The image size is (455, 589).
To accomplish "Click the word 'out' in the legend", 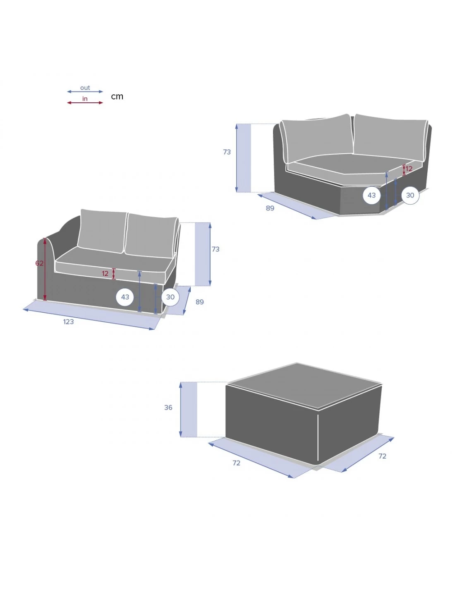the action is click(85, 88).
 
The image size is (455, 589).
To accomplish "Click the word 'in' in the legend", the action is click(85, 99).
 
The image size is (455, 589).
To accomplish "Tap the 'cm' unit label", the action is click(117, 96).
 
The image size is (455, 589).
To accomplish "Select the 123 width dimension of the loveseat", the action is click(69, 321).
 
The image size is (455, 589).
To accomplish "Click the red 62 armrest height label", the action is click(39, 263).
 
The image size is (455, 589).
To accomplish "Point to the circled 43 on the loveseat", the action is click(125, 297).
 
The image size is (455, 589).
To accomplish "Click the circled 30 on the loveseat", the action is click(170, 297).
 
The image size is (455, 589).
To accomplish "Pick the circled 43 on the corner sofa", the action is click(371, 195).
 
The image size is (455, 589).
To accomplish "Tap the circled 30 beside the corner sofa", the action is click(410, 195).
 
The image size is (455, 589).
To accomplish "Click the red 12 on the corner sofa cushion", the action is click(409, 169).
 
